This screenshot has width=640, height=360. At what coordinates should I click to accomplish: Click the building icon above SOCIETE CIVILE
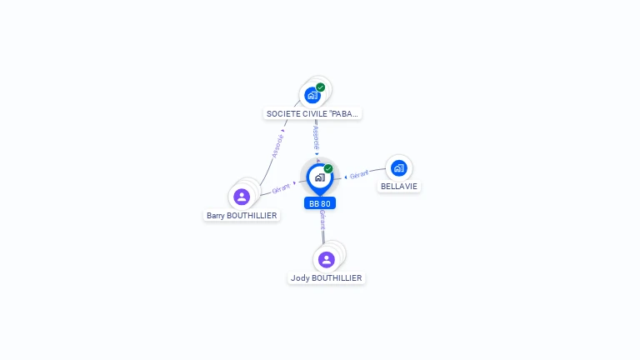[x=312, y=95]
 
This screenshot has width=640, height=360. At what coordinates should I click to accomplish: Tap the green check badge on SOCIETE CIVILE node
[x=321, y=87]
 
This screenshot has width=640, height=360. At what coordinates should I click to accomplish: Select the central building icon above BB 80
[x=319, y=177]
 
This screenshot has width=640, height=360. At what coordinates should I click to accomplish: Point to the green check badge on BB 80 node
[x=328, y=168]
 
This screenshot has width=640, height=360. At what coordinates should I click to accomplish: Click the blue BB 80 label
[x=320, y=203]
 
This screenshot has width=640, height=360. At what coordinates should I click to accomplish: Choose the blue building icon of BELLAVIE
[x=398, y=168]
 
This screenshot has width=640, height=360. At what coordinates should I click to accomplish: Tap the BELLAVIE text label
[x=399, y=187]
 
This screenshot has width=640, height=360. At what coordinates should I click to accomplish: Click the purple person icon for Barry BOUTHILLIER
[x=242, y=197]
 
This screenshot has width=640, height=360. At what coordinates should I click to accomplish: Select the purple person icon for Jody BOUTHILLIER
[x=327, y=259]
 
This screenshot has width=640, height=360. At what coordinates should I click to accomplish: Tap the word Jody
[x=300, y=278]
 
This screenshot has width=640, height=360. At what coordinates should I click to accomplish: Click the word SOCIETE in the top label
[x=282, y=113]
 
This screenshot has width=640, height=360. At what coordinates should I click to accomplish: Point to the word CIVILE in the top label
[x=313, y=113]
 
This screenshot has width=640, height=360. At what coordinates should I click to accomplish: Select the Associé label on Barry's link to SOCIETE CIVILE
[x=277, y=144]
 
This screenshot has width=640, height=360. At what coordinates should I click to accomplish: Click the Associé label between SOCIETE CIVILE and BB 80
[x=316, y=137]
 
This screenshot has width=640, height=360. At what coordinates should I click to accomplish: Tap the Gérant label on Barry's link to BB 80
[x=282, y=187]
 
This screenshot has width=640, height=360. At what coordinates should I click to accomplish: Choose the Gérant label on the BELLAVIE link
[x=359, y=175]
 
